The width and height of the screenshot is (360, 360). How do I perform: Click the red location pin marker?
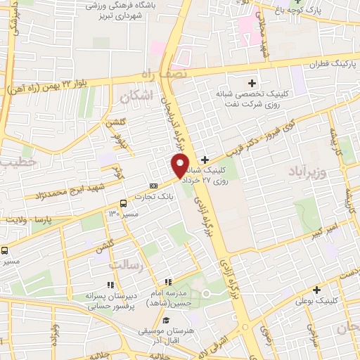pos(180,166)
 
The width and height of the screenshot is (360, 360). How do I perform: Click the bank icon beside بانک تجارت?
pos(154,186)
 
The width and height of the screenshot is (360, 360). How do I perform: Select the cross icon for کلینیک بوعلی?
pos(317,290)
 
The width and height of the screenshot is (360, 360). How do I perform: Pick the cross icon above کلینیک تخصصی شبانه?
pos(252,84)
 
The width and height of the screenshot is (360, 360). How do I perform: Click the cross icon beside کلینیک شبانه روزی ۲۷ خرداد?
pos(205,160)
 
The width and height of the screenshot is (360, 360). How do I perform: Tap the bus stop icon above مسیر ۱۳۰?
pos(122,200)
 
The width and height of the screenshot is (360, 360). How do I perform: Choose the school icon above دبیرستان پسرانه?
pos(110,284)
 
